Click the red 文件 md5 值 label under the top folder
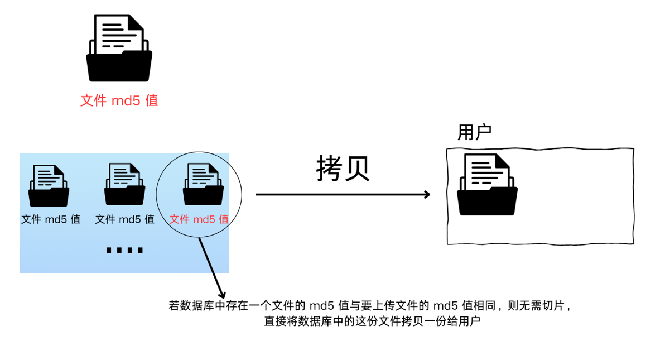tap(119, 100)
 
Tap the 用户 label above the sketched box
tap(474, 133)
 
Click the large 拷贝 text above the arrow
tap(343, 167)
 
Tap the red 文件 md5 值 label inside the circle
tap(199, 219)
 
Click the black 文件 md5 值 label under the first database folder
tap(51, 219)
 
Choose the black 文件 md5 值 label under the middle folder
tap(125, 219)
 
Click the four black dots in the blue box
tap(124, 249)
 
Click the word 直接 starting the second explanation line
tap(274, 321)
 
